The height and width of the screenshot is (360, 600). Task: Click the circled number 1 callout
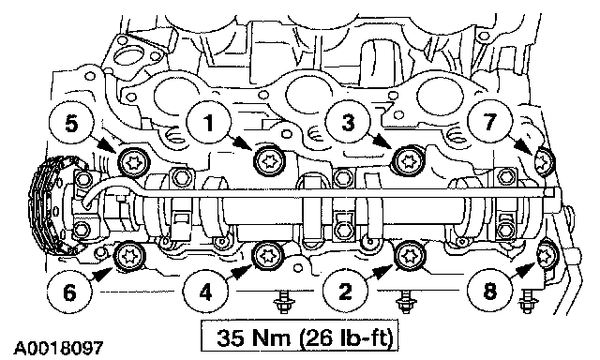pos(209,124)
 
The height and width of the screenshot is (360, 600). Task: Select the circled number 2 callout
pos(346,292)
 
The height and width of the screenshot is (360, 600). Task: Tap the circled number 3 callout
pos(348,124)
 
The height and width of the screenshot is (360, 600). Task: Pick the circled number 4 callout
pos(205,293)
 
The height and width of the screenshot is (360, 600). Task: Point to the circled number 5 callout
pos(71,124)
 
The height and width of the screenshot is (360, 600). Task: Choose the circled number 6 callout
pos(69,293)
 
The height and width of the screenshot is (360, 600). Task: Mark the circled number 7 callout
pos(489,123)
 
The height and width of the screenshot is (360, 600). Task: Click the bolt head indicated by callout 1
pos(269,161)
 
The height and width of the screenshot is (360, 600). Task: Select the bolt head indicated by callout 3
pos(410,161)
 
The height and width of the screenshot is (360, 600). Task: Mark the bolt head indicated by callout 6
pos(130,257)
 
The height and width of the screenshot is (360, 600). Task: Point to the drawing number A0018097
pos(58,348)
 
